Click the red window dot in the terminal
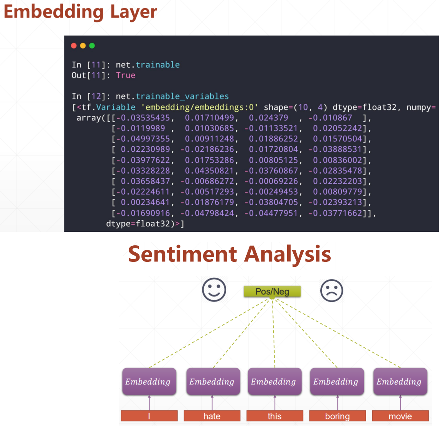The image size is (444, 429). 74,46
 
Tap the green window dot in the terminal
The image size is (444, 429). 92,46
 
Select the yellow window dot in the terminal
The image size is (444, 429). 83,46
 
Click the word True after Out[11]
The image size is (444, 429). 126,75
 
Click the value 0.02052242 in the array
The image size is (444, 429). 337,128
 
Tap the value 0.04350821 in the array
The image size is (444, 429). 209,171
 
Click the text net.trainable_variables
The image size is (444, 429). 172,96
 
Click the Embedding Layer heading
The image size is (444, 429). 80,12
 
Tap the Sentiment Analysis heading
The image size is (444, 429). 229,254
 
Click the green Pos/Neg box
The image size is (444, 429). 272,292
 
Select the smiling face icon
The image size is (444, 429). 214,290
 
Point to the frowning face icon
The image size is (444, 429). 331,290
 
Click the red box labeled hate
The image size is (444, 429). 212,416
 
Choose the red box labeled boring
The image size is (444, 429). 337,416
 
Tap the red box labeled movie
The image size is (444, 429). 400,416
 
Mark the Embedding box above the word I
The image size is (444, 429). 149,382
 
